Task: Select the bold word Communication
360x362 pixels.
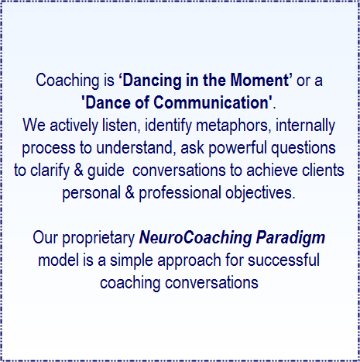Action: [211, 102]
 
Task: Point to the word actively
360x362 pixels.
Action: [74, 126]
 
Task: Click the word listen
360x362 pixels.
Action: [122, 125]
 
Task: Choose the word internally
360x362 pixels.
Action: [305, 126]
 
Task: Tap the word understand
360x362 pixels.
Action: [135, 148]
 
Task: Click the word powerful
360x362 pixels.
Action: [238, 149]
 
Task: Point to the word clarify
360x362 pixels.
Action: [50, 171]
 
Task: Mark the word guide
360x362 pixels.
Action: [106, 171]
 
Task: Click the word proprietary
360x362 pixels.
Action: [98, 238]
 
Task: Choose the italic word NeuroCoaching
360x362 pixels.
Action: [195, 238]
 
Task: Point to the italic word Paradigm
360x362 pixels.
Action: [290, 238]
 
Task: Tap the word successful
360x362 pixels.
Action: [283, 260]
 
